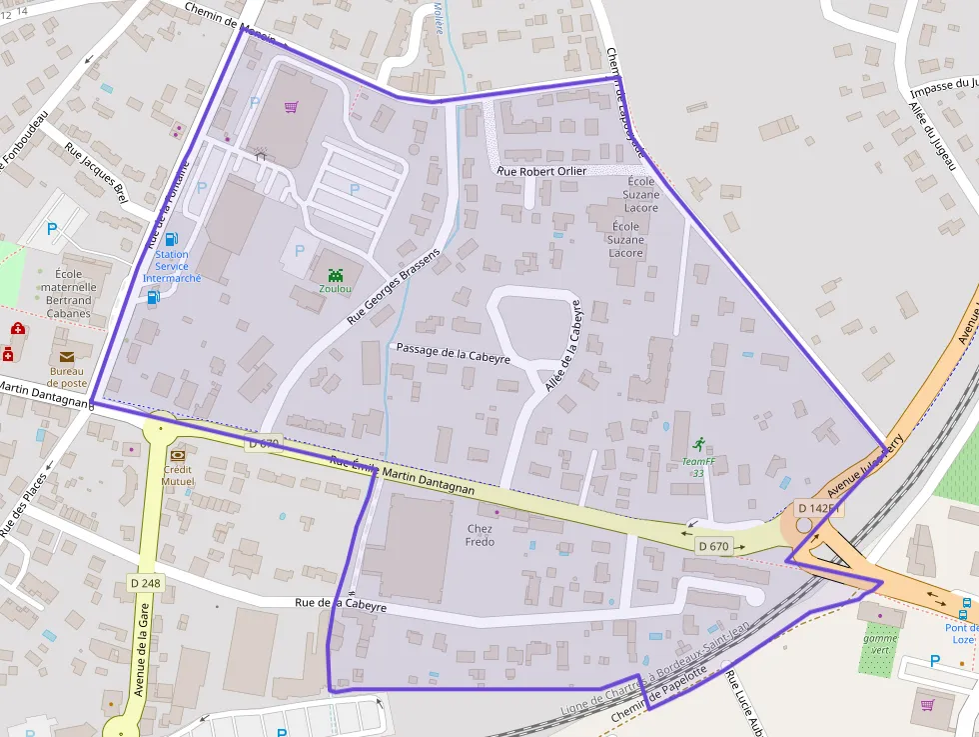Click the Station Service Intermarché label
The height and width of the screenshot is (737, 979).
tap(172, 266)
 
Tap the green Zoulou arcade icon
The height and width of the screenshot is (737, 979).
tap(335, 274)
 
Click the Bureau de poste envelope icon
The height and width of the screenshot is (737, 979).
tap(67, 356)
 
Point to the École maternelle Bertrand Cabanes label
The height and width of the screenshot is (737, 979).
tap(67, 293)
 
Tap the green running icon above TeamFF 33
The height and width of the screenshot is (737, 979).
tap(698, 443)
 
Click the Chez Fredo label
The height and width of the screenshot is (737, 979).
tap(480, 535)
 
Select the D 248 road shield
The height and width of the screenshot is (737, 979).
tap(146, 583)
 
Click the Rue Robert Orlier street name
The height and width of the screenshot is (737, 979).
tap(542, 172)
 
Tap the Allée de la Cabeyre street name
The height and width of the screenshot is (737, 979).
tap(561, 346)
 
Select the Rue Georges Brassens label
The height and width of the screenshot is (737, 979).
tap(394, 284)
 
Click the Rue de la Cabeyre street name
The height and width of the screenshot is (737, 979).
tap(341, 604)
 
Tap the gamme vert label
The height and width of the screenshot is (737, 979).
tap(880, 643)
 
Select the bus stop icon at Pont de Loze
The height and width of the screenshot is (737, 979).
tap(965, 605)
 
